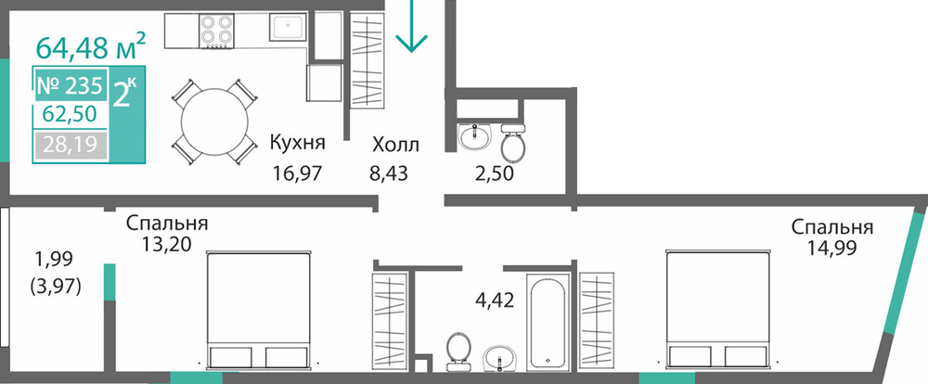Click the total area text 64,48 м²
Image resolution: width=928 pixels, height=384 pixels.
tap(91, 46)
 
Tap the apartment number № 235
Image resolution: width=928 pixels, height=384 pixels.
tap(70, 85)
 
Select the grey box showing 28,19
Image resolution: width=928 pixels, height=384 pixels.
tap(71, 145)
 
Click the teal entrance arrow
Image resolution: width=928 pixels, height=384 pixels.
tap(411, 26)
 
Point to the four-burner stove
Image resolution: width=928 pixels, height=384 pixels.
tap(216, 31)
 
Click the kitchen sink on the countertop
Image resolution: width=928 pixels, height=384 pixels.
tap(288, 27)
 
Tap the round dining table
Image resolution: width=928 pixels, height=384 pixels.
tap(214, 122)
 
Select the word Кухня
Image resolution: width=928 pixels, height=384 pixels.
tap(298, 144)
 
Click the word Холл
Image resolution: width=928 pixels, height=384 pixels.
tap(396, 145)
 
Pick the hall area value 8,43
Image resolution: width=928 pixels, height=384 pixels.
tap(389, 174)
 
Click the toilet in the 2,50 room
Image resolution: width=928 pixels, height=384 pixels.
tap(512, 141)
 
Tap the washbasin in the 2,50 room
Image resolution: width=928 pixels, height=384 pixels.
tap(474, 136)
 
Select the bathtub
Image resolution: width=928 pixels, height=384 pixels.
tap(549, 322)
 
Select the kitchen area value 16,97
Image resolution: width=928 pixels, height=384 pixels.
tap(297, 174)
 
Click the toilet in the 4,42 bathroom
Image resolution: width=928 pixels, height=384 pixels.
tap(458, 350)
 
